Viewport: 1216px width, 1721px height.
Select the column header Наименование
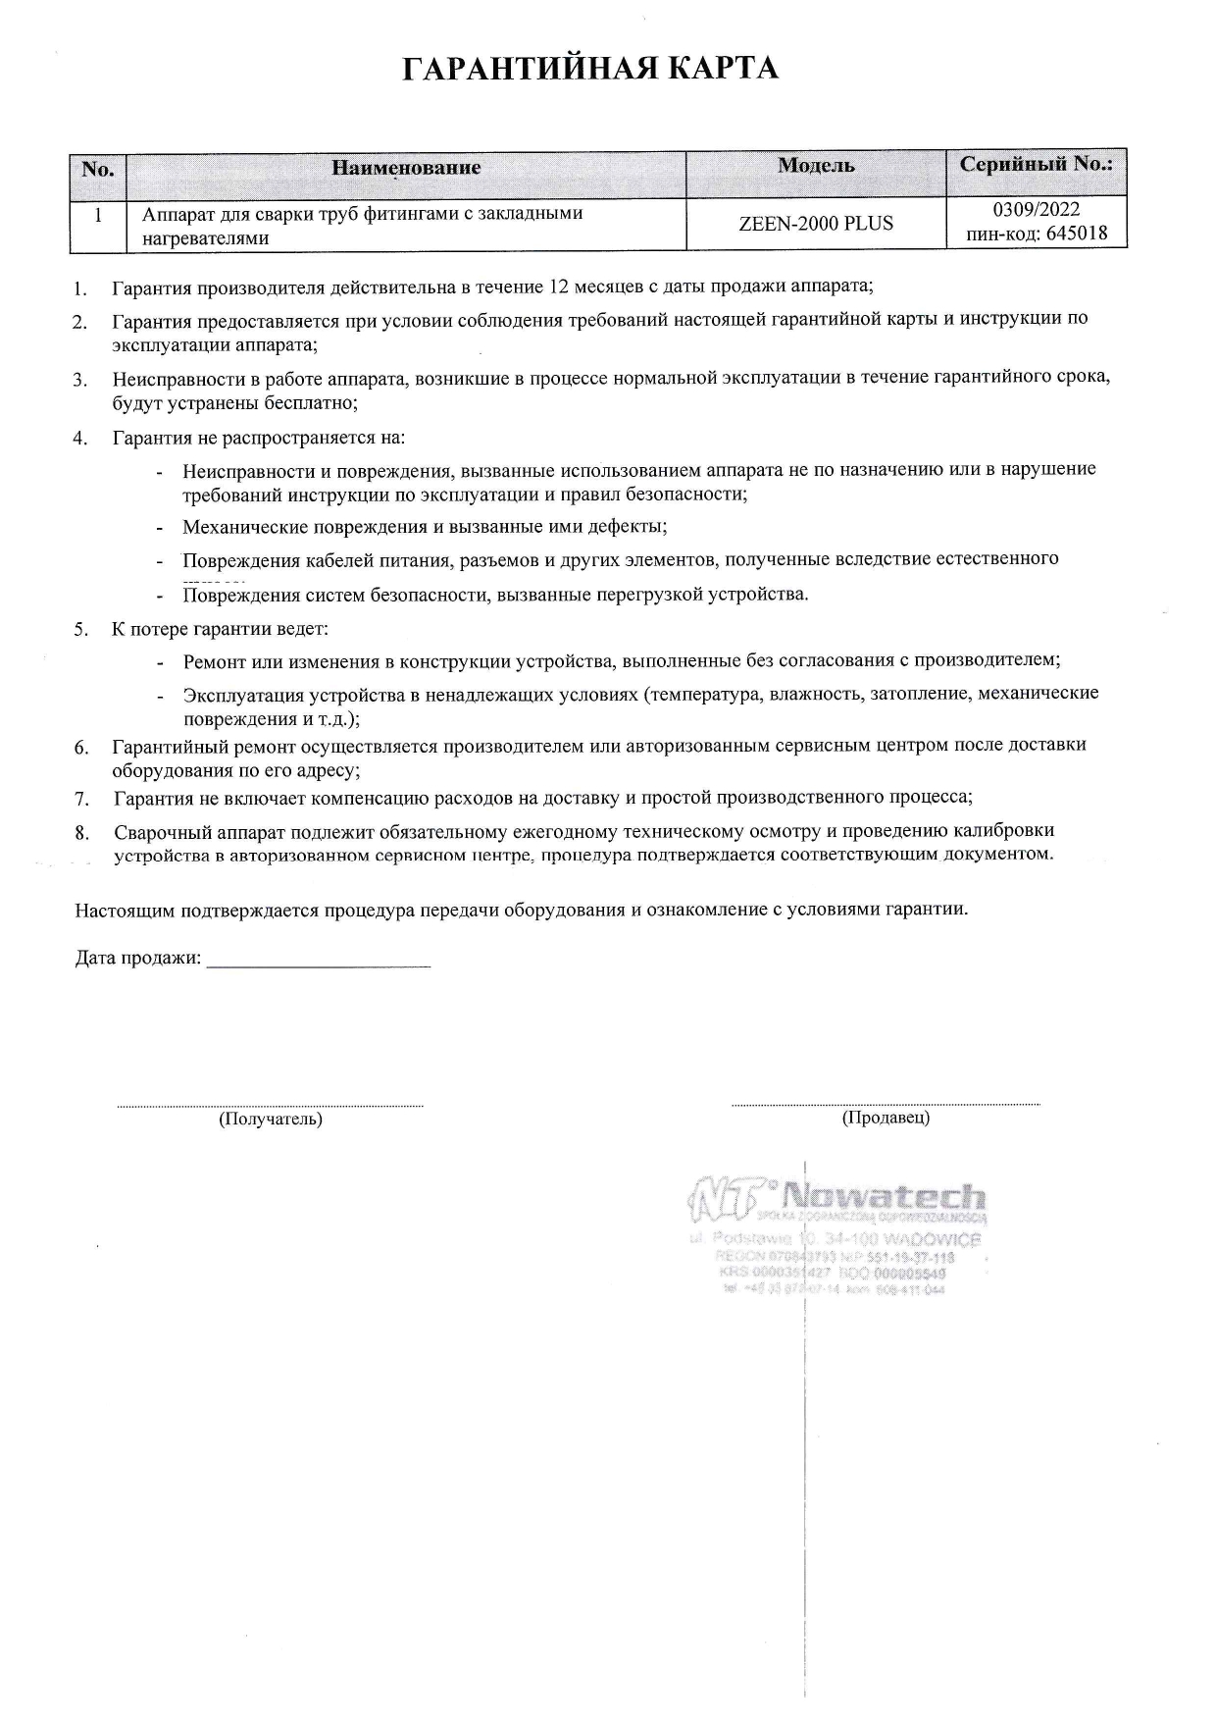(x=406, y=168)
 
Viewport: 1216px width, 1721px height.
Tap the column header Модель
(x=815, y=165)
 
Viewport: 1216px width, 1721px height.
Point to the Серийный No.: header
(x=1036, y=164)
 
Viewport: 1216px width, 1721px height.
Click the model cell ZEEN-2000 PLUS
(x=815, y=224)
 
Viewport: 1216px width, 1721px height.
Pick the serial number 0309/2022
(x=1037, y=210)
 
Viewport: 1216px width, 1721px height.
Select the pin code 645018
(x=1072, y=234)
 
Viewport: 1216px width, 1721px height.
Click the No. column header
(x=98, y=169)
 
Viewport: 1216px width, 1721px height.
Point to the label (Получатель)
(x=270, y=1119)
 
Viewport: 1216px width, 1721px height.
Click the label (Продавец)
(x=886, y=1117)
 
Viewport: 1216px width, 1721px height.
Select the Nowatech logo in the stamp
(x=837, y=1196)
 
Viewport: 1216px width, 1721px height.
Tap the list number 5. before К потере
(x=81, y=629)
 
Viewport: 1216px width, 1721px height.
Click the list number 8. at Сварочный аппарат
(x=82, y=834)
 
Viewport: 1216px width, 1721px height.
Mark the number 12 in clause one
(x=560, y=287)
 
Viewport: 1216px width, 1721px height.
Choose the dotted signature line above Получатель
(x=270, y=1106)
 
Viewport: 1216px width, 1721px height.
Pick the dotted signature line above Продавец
(x=886, y=1104)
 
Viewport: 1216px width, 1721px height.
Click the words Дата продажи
(x=137, y=958)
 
